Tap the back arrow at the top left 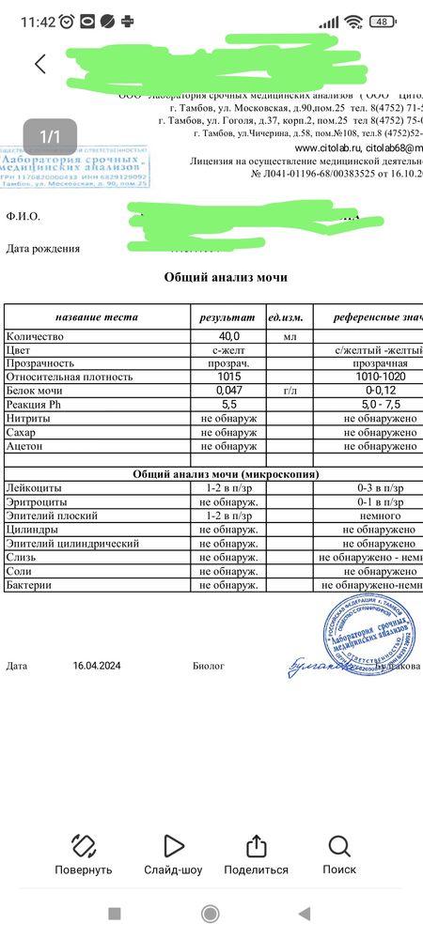pyautogui.click(x=39, y=64)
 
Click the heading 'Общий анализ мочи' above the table pyautogui.click(x=226, y=277)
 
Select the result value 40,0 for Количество pyautogui.click(x=229, y=335)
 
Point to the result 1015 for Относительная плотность pyautogui.click(x=229, y=377)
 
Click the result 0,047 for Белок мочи pyautogui.click(x=229, y=391)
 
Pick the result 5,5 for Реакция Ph pyautogui.click(x=229, y=405)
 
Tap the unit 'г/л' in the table pyautogui.click(x=290, y=391)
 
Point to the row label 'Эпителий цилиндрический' pyautogui.click(x=72, y=544)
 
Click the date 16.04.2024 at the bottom pyautogui.click(x=98, y=666)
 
